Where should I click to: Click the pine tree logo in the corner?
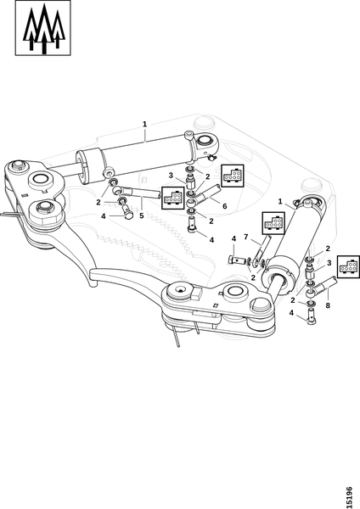(x=43, y=28)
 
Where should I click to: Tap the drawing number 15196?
(x=349, y=497)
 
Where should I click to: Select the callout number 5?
(x=141, y=215)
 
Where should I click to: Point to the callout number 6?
(x=224, y=206)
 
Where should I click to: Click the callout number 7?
(x=245, y=237)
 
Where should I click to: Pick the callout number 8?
(x=328, y=305)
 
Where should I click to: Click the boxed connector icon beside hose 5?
(x=173, y=198)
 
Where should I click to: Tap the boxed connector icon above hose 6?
(x=233, y=176)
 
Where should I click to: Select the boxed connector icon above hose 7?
(x=273, y=223)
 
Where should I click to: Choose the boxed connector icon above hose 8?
(x=348, y=267)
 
